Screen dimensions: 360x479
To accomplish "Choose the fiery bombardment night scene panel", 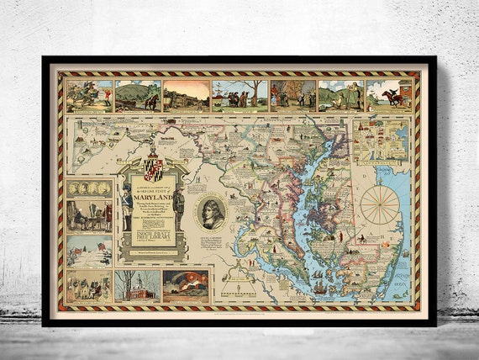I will click(x=186, y=286).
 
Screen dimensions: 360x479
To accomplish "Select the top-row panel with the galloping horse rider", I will click(x=388, y=95).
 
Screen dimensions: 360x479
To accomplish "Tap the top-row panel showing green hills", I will click(x=137, y=95).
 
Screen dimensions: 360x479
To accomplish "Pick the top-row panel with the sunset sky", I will click(x=186, y=95).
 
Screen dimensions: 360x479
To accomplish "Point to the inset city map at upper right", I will click(x=381, y=140).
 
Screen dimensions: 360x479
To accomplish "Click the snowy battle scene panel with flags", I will click(x=90, y=250).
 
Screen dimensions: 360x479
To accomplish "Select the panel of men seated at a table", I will click(x=90, y=217).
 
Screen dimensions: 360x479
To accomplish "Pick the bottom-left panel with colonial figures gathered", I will click(x=90, y=286).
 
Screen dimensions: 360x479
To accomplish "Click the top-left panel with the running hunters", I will click(x=90, y=95).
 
